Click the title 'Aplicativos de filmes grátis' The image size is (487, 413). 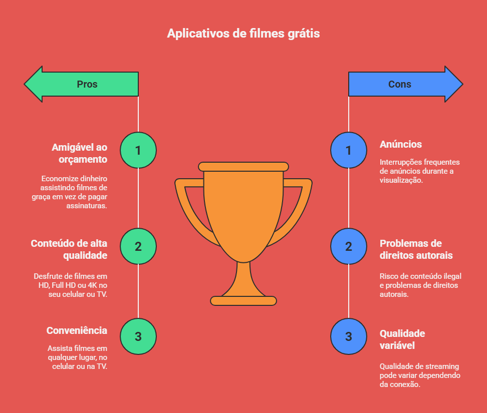(243, 34)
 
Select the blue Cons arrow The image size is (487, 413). (404, 84)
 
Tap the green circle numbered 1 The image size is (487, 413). (138, 150)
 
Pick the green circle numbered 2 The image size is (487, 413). (138, 246)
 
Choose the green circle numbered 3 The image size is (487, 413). (138, 336)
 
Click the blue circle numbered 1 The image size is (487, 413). (349, 150)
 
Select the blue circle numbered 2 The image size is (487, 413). (349, 246)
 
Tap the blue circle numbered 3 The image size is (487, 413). (349, 336)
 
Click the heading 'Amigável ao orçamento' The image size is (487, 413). (79, 153)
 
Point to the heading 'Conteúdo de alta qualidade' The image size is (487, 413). (69, 249)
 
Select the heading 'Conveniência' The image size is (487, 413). (77, 330)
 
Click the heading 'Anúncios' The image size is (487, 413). (401, 144)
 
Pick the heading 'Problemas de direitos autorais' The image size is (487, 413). (416, 249)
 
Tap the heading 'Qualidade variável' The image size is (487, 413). (402, 339)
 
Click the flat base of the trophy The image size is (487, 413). (243, 300)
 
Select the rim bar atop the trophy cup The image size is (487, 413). (243, 167)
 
